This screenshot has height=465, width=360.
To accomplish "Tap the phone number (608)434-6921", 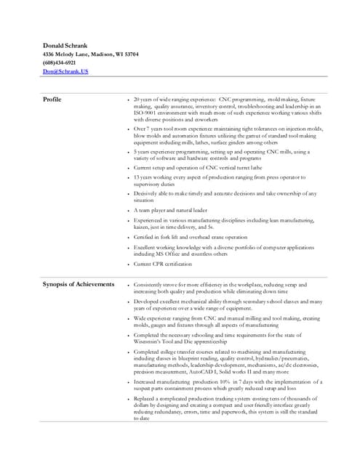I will click(59, 63).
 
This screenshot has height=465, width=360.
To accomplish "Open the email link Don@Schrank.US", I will click(65, 71).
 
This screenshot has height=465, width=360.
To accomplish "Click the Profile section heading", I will click(52, 99).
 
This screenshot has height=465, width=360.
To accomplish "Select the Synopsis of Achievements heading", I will click(79, 284).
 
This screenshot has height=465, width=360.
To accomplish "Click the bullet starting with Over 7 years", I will click(225, 135).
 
